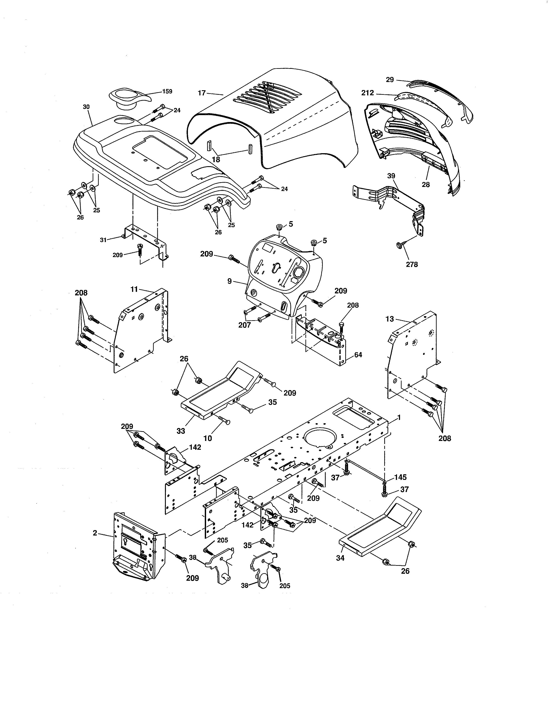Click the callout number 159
click(167, 91)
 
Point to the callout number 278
click(412, 264)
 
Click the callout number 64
click(358, 355)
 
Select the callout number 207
click(245, 325)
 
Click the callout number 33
click(181, 431)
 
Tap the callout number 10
click(208, 438)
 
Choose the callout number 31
click(103, 240)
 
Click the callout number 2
click(95, 533)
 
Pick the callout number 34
click(341, 558)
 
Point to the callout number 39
click(391, 176)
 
